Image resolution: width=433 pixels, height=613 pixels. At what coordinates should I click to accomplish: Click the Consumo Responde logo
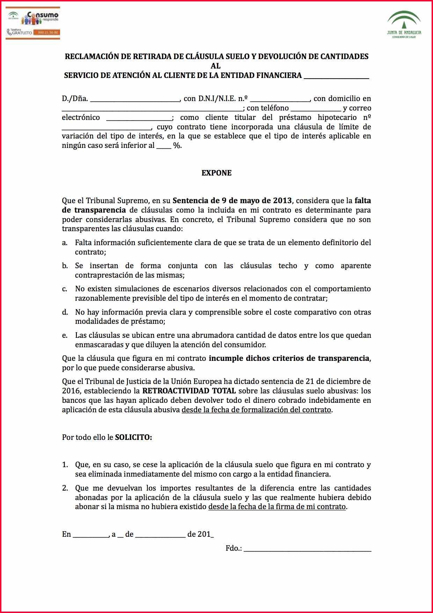pos(33,18)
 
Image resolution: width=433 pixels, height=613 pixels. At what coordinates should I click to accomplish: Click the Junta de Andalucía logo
pos(404,24)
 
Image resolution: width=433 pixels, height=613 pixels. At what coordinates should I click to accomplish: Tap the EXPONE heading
pos(216,173)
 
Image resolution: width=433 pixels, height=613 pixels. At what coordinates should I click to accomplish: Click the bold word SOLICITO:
pos(134,437)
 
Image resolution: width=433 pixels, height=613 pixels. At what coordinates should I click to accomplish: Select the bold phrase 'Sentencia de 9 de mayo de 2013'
pos(232,201)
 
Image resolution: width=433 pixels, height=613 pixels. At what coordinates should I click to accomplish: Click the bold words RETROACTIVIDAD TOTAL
pos(189,391)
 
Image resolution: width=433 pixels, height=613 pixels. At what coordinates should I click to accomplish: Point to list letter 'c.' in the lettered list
pos(65,289)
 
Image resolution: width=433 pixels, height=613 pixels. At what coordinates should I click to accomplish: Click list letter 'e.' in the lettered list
pos(65,336)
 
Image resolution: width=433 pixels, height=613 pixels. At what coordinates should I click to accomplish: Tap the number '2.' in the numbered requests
pos(65,488)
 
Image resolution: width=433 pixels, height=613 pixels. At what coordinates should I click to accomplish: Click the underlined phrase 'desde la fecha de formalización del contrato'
pos(256,410)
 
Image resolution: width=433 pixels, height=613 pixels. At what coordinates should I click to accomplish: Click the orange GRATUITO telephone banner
pos(33,33)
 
